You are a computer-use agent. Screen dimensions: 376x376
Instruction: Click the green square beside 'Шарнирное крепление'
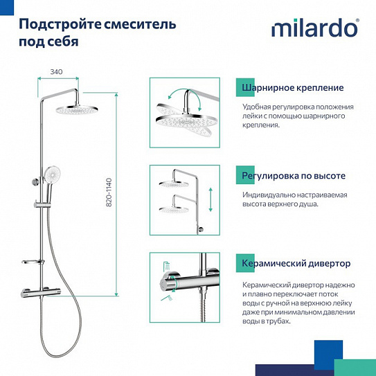237,88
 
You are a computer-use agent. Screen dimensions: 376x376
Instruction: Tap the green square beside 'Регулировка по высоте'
237,175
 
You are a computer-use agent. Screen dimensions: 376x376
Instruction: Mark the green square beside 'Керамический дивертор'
237,263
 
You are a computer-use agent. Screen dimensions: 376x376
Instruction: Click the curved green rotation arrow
183,96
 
